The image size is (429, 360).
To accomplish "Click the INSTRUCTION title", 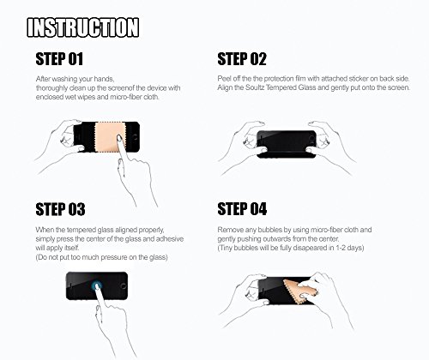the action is coord(83,27).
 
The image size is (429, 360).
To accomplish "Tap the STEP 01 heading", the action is coord(59,59).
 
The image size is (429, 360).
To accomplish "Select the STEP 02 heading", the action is coord(242,59).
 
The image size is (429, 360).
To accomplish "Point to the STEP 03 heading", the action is coord(60,209).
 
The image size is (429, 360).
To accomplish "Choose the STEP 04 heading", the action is coord(242,209).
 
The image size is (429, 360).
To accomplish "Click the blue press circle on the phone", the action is coord(97,285).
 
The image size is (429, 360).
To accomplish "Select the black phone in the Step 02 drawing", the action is coord(287,144).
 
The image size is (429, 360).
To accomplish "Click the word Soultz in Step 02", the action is coord(255,87).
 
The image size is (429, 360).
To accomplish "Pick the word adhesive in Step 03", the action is coord(170,239).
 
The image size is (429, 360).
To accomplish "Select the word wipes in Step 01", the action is coord(86,97).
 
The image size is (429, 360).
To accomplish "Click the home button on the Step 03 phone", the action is coord(124,285).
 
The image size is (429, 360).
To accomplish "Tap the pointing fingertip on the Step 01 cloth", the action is coord(119,139).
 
